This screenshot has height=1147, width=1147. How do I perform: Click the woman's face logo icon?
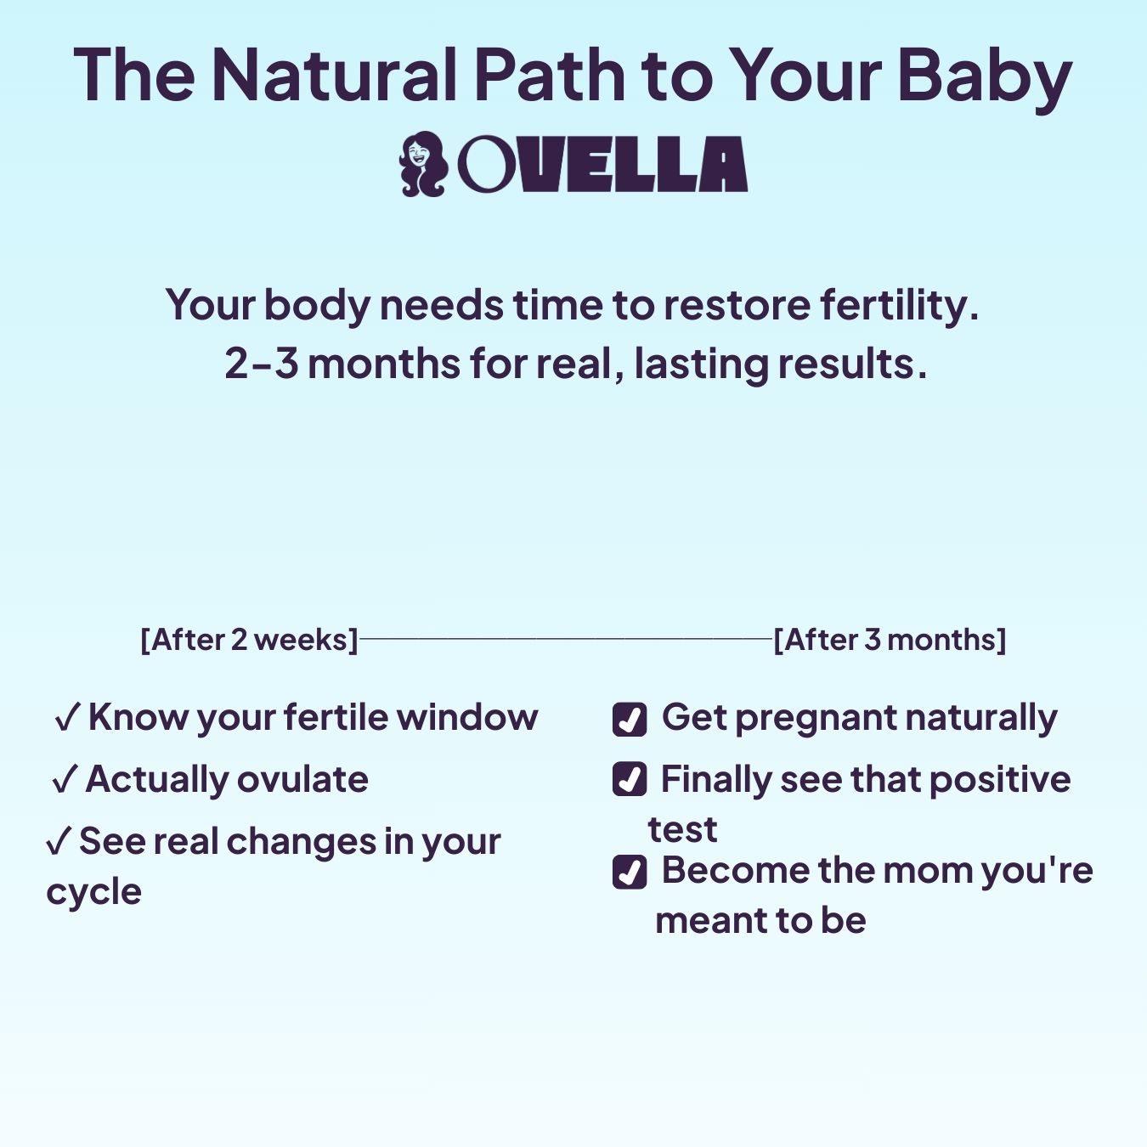(x=422, y=164)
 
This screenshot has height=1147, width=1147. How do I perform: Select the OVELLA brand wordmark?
(x=602, y=164)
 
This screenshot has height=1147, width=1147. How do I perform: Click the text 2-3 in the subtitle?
(x=262, y=364)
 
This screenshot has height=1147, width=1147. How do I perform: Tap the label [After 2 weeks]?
(x=249, y=640)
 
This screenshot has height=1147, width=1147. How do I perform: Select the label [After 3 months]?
(x=890, y=640)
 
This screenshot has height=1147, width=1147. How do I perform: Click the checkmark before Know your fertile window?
(x=67, y=719)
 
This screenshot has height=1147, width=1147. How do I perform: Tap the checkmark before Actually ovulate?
(x=65, y=781)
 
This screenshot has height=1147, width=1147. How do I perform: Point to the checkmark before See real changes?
(x=58, y=842)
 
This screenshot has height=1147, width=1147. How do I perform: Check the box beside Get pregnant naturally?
(x=630, y=719)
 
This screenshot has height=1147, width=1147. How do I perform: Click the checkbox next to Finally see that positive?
(x=630, y=780)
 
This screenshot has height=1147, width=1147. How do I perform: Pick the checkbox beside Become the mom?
(x=630, y=872)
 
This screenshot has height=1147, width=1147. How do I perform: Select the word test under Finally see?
(x=682, y=830)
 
